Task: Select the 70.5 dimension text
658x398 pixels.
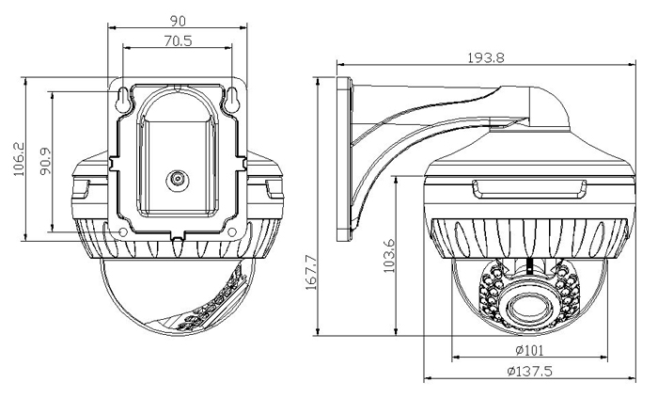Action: click(x=177, y=40)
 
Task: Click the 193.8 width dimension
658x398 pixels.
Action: click(x=487, y=57)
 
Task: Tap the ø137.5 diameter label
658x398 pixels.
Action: click(x=529, y=373)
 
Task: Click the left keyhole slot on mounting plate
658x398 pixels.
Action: click(x=124, y=95)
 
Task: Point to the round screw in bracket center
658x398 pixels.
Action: click(x=176, y=178)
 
